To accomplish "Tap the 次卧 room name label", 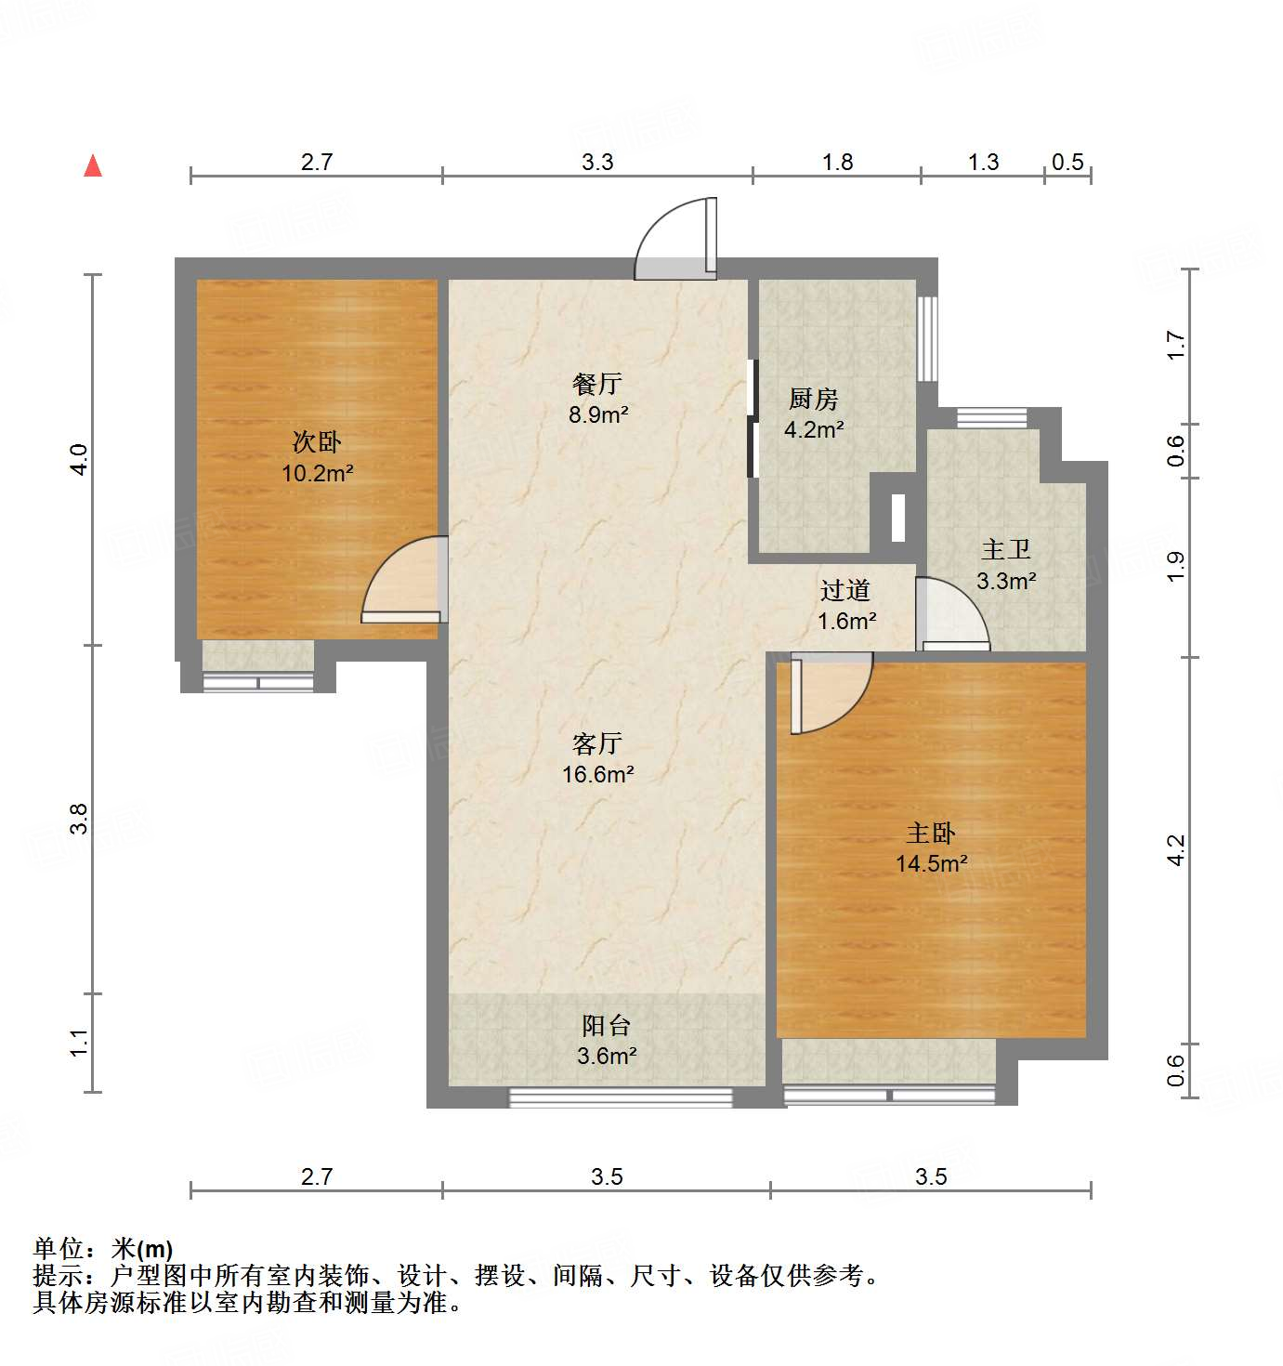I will tap(317, 441).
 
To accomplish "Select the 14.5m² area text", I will tap(931, 863).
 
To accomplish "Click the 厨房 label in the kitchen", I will tap(813, 399).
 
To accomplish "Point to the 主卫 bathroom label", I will tap(1006, 549).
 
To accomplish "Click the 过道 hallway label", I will tap(845, 590).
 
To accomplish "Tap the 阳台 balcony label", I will tap(607, 1025).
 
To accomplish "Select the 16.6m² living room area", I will tap(597, 773).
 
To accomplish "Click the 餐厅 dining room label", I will tap(597, 384).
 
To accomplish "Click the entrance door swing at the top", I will tap(675, 240).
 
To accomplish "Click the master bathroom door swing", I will tap(951, 615).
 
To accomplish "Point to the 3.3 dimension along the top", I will tap(597, 162).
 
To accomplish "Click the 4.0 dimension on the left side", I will tap(80, 460).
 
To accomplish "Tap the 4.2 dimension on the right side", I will tap(1176, 850).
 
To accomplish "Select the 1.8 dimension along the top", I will tap(837, 162).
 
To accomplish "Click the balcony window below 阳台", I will tap(620, 1097).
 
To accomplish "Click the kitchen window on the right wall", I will tap(927, 338).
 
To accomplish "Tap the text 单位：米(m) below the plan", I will tap(103, 1249).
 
